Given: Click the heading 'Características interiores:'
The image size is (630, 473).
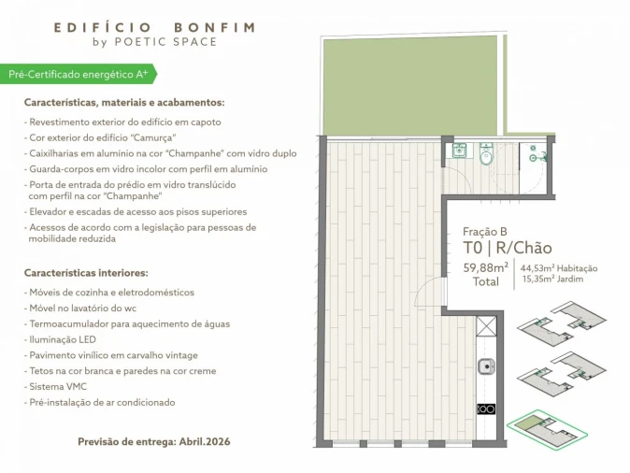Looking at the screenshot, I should [x=86, y=273].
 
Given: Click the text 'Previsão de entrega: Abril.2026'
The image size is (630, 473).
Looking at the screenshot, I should [x=154, y=440].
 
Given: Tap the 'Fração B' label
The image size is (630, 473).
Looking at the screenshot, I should [x=485, y=231].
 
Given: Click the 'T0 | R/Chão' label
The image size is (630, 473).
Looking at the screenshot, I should [x=507, y=248].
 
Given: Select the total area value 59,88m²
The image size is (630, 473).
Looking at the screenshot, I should [x=486, y=267].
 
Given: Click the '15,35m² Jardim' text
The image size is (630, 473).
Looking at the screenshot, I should [x=551, y=279].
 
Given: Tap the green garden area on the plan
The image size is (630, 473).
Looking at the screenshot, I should [x=411, y=84].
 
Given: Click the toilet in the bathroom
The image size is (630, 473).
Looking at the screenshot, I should [x=486, y=156].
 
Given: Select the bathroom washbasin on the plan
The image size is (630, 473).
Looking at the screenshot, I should [x=459, y=150].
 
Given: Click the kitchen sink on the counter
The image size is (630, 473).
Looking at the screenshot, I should [x=486, y=367].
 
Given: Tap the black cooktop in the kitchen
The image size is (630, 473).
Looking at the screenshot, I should [x=486, y=408].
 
